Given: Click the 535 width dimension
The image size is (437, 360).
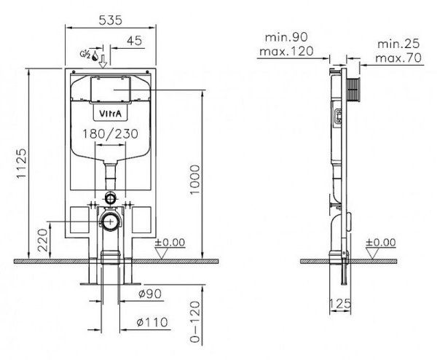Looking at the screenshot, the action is click(111, 20).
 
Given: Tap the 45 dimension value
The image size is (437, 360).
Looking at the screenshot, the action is click(134, 41).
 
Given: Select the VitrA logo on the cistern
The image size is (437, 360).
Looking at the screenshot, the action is click(111, 114).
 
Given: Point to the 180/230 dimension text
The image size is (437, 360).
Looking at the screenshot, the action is click(111, 134).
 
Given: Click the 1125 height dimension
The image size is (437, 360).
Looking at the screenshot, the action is click(21, 164).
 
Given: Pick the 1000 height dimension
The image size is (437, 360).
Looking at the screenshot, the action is click(194, 181).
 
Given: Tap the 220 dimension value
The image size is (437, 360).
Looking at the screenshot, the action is click(43, 240).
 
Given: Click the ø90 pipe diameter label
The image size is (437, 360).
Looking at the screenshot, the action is click(150, 294).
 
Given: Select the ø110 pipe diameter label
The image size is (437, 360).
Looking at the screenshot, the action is click(152, 322).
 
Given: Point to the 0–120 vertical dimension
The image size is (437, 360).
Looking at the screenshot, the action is click(194, 321).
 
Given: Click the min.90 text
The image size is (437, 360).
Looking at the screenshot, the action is click(286, 37).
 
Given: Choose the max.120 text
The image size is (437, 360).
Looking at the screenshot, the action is click(286, 51).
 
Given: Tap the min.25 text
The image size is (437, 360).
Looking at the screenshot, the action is click(398, 44).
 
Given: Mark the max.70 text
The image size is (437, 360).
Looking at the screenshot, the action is click(398, 58).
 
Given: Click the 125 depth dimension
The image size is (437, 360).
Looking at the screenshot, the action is click(340, 303).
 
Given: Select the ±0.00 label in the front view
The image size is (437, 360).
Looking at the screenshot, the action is click(170, 243).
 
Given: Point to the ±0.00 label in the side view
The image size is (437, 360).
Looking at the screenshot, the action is click(380, 243).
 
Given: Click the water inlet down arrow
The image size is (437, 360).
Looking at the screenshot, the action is click(103, 61).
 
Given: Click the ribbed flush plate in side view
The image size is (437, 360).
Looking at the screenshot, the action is click(353, 90).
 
